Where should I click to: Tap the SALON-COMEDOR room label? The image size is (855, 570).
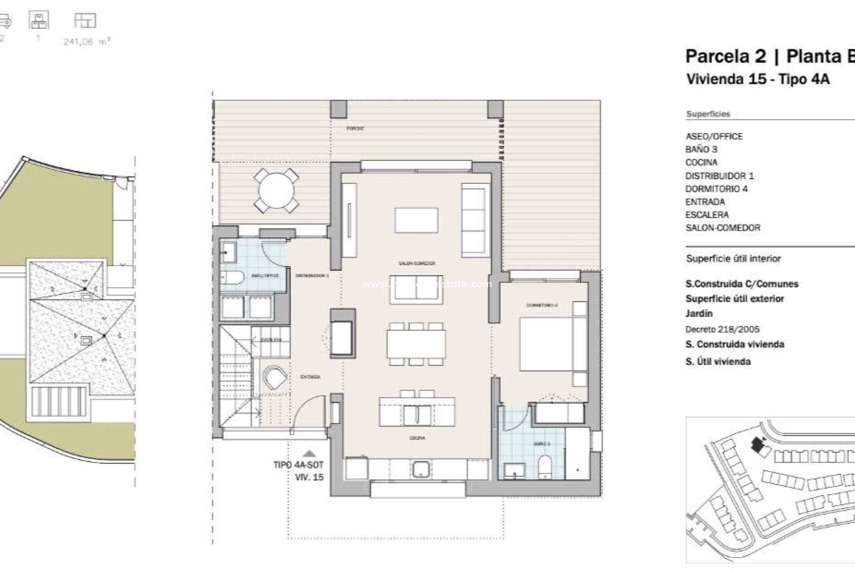tap(416, 264)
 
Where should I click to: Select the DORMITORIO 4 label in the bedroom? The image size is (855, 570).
tap(542, 305)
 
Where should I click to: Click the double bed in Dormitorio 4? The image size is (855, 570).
tap(547, 343)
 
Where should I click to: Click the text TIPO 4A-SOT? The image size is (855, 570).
tap(298, 465)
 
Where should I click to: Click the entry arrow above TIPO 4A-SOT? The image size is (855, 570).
tap(309, 454)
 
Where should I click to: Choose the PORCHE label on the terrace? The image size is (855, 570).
tap(355, 129)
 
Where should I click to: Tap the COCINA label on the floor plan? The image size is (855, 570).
tap(417, 438)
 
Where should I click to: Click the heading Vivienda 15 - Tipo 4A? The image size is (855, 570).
tap(757, 79)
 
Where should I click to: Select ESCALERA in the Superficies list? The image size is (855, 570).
tap(707, 215)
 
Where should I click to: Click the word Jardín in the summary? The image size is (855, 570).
tap(699, 313)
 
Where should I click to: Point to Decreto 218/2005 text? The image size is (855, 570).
tap(722, 330)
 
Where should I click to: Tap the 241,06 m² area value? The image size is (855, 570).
tap(86, 42)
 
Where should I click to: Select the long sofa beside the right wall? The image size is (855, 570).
tap(473, 221)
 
